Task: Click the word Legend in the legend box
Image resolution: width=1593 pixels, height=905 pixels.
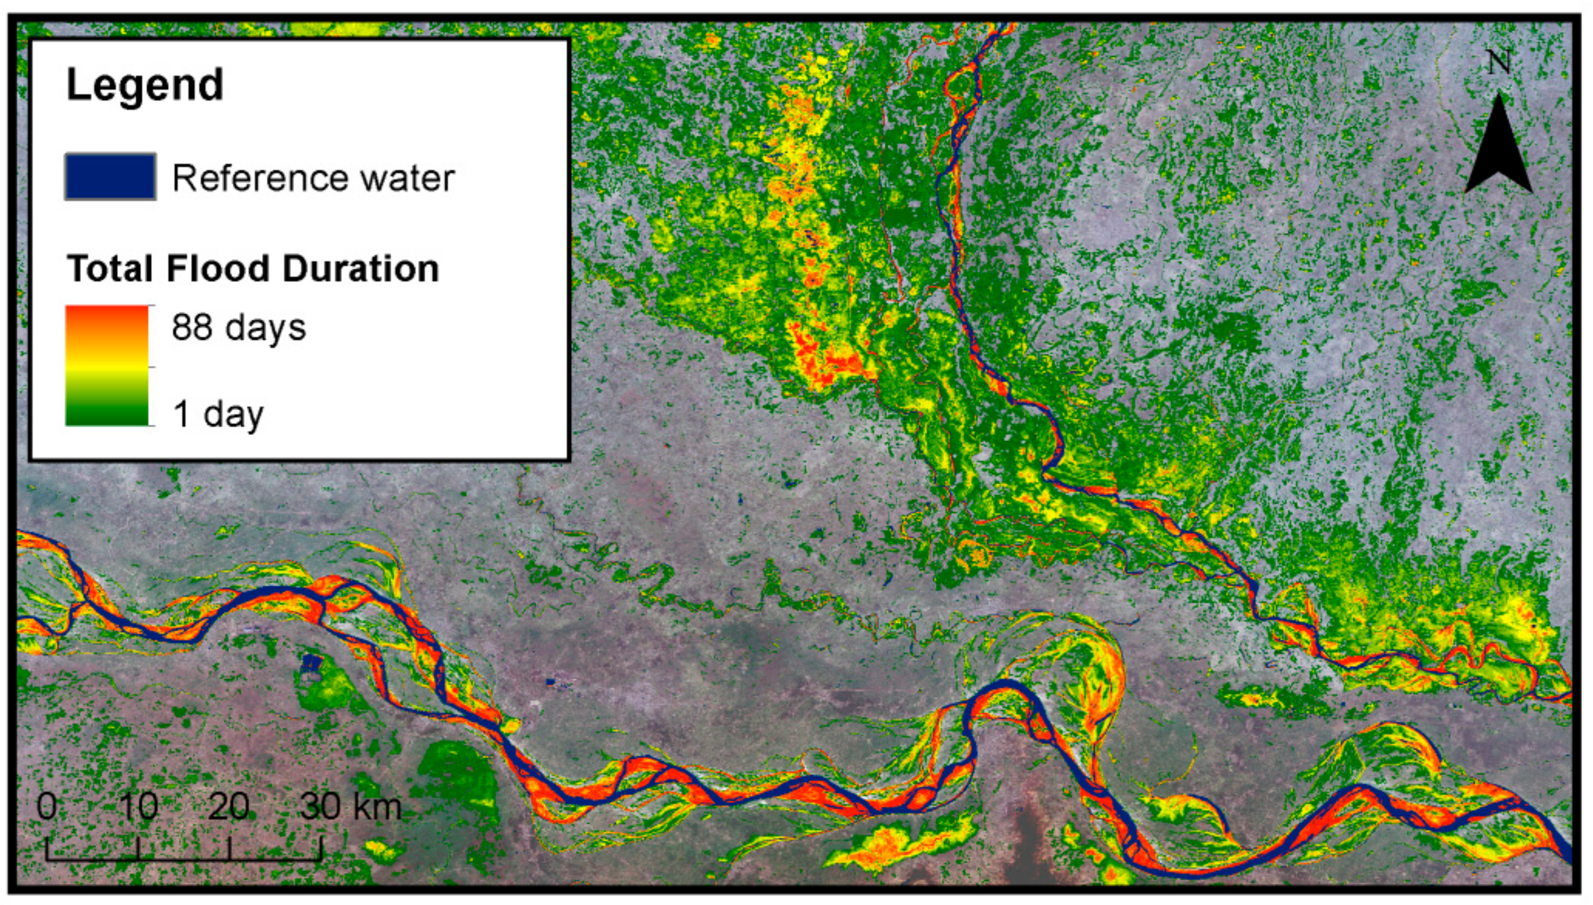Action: [144, 84]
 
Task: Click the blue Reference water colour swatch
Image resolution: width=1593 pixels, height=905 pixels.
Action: [110, 177]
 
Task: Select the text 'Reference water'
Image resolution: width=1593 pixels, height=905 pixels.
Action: [313, 179]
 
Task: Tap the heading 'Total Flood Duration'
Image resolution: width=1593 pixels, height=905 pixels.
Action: [252, 268]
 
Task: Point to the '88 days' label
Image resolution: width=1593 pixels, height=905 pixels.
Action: [239, 327]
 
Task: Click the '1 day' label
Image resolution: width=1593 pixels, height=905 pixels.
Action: [218, 414]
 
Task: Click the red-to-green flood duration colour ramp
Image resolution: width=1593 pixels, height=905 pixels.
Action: [107, 366]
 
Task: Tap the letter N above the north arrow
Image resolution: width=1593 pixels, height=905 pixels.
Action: [1499, 63]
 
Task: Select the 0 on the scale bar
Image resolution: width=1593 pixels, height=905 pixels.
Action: [47, 807]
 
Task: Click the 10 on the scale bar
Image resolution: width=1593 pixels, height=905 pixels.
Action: [139, 807]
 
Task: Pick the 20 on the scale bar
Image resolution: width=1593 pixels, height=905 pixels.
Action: [229, 807]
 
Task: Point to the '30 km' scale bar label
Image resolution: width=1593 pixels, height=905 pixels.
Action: [351, 807]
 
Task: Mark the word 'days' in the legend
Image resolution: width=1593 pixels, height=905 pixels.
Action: [265, 328]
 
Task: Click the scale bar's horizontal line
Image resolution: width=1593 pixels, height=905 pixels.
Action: [184, 860]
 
